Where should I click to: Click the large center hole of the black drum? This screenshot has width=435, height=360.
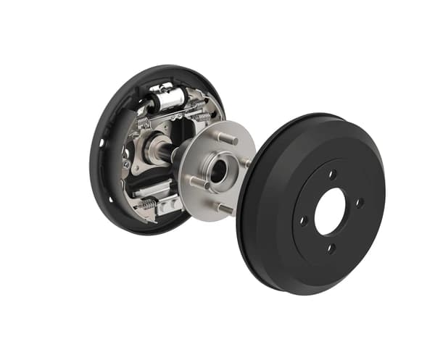tap(330, 211)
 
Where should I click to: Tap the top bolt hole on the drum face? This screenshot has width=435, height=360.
tap(333, 174)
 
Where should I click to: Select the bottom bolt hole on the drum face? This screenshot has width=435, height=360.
tap(329, 248)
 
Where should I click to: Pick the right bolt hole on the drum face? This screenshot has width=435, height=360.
tap(359, 202)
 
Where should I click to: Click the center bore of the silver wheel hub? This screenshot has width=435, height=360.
tap(217, 171)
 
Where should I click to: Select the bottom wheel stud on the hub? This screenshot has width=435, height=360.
tap(224, 209)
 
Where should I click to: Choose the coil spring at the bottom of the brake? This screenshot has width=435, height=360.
tap(147, 205)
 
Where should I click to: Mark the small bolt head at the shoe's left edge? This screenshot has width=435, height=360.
tap(126, 164)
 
